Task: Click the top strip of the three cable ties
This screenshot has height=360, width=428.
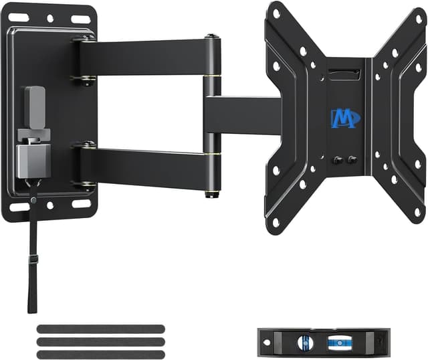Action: click(101, 329)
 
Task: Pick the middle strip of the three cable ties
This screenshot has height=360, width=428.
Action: click(101, 341)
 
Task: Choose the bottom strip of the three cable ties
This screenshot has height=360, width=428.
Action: click(101, 353)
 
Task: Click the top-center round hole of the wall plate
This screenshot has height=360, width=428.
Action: click(50, 18)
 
